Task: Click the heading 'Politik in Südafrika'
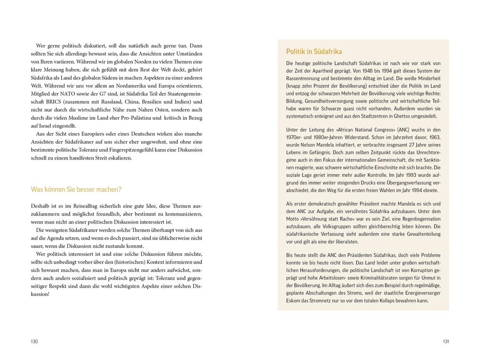(x=314, y=52)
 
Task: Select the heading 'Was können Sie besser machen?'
(x=76, y=189)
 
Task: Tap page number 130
(x=34, y=341)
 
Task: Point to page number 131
(x=446, y=341)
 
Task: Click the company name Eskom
(x=294, y=300)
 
